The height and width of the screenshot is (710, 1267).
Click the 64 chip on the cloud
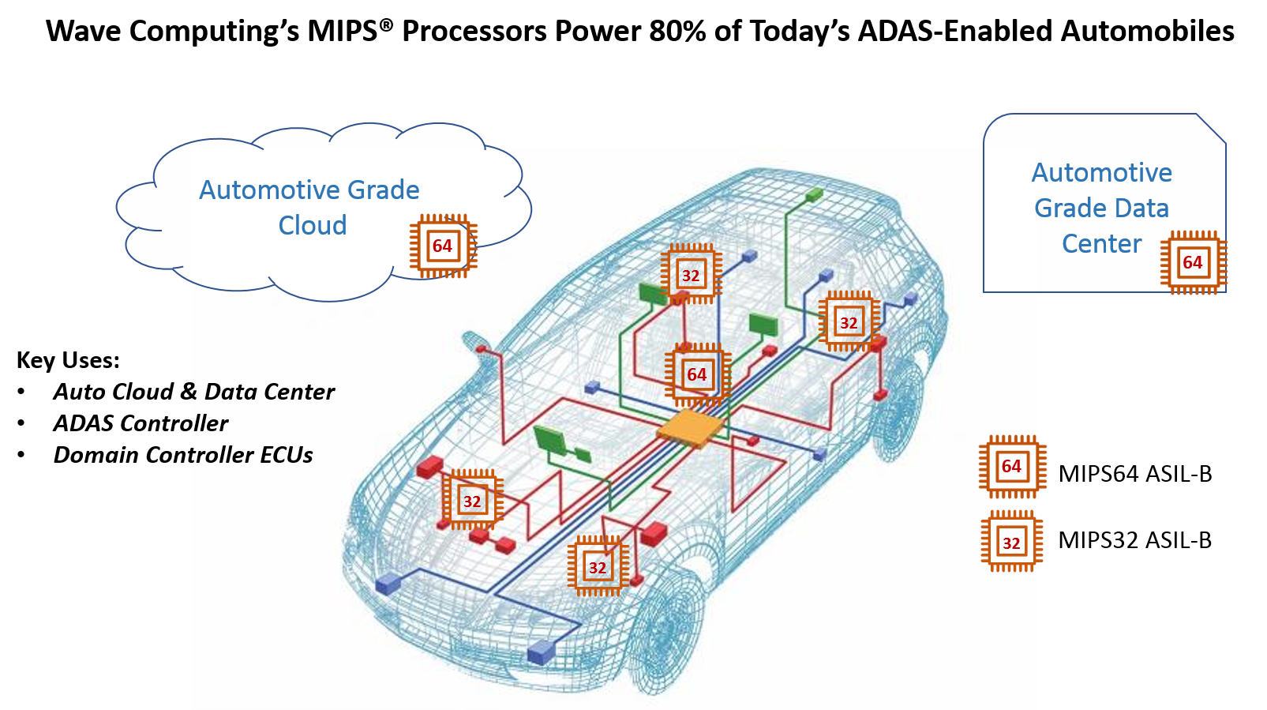click(443, 246)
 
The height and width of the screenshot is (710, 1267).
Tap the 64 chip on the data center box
click(1193, 262)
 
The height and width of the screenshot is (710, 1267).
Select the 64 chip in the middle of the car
click(696, 374)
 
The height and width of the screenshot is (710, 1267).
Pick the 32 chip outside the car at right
click(1011, 543)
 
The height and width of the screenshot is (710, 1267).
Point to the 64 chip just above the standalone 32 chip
click(1012, 466)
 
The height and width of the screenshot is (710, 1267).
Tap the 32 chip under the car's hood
click(472, 501)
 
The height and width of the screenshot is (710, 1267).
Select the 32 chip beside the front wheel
click(598, 567)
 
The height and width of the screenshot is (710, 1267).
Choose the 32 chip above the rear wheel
click(849, 322)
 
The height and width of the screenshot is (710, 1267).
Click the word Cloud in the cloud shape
click(313, 226)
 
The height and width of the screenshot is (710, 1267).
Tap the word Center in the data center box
click(1101, 244)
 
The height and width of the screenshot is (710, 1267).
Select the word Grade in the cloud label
click(384, 190)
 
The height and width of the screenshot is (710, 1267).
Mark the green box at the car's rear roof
click(814, 194)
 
